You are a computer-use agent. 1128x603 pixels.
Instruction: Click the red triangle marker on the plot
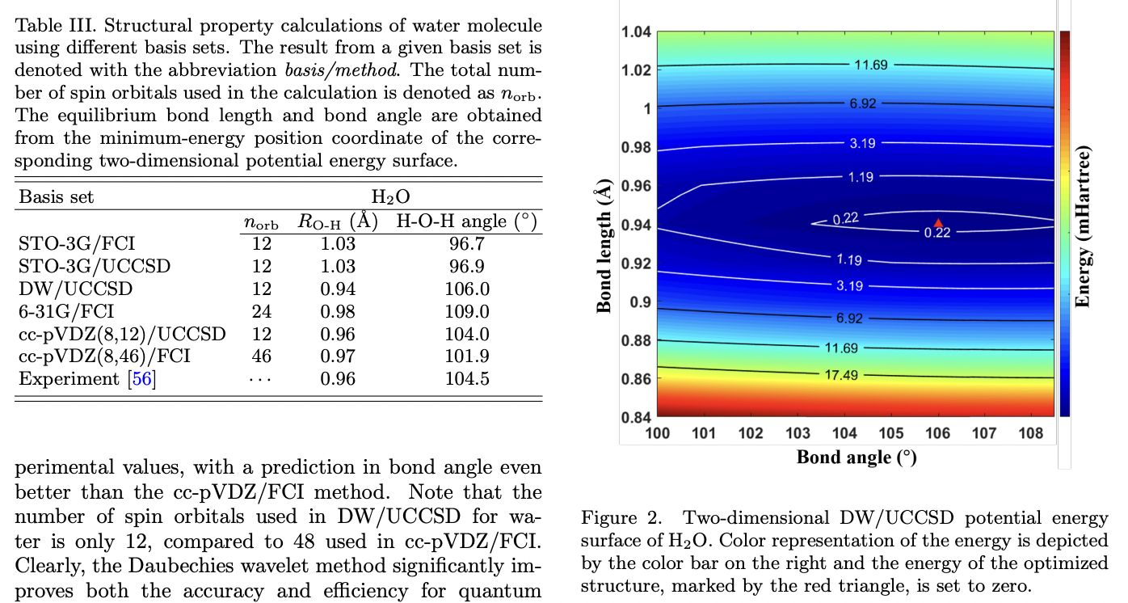point(937,223)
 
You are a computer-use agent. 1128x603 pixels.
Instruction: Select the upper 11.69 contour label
point(871,65)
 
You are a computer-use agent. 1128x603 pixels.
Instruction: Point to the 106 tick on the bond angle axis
point(937,433)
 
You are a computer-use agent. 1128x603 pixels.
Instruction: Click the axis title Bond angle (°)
point(857,458)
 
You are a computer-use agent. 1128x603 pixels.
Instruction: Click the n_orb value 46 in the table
point(261,356)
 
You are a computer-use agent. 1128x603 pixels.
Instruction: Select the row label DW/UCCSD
point(75,289)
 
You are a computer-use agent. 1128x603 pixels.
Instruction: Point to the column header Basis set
point(56,196)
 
